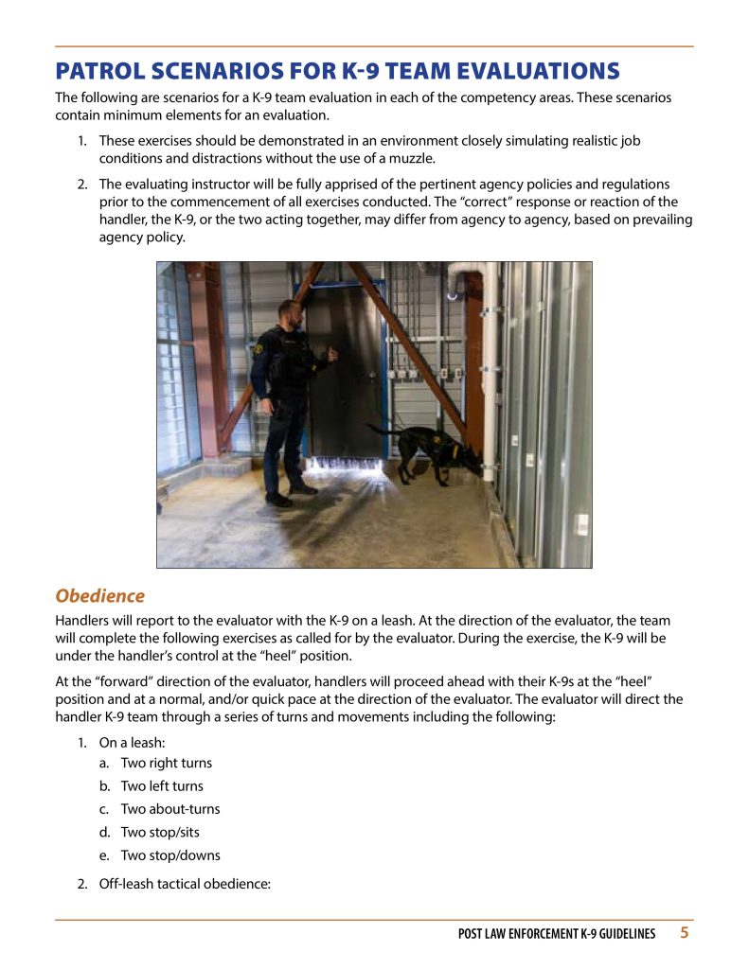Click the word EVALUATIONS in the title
pos(536,71)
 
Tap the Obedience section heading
pos(99,596)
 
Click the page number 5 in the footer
pos(684,933)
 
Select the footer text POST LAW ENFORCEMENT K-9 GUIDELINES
pos(557,934)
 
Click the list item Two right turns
pos(166,763)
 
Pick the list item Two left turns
pos(162,785)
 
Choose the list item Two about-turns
pos(170,809)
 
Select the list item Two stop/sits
pos(160,832)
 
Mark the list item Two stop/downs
pos(170,855)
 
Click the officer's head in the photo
pos(289,315)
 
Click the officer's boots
pos(289,494)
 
